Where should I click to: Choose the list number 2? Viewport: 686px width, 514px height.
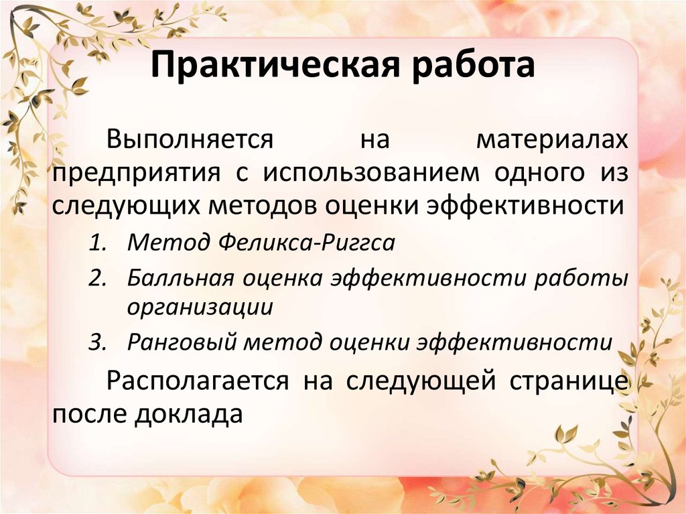click(x=98, y=278)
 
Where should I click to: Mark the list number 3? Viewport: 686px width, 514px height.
click(x=98, y=342)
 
